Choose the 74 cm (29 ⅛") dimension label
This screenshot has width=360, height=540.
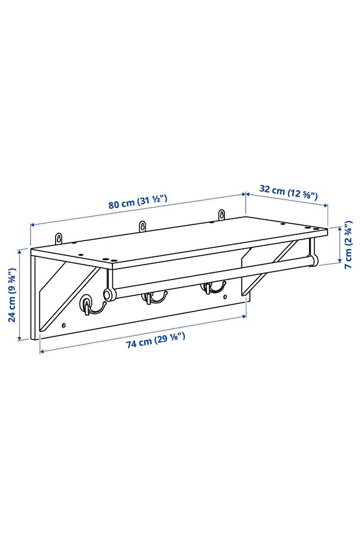[155, 342]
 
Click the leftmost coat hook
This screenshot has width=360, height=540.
[87, 305]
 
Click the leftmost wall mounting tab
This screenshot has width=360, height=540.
[59, 238]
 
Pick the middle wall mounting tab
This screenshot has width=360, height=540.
[142, 225]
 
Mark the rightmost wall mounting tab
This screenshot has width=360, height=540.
[221, 214]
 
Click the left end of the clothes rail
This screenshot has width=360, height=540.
[108, 293]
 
